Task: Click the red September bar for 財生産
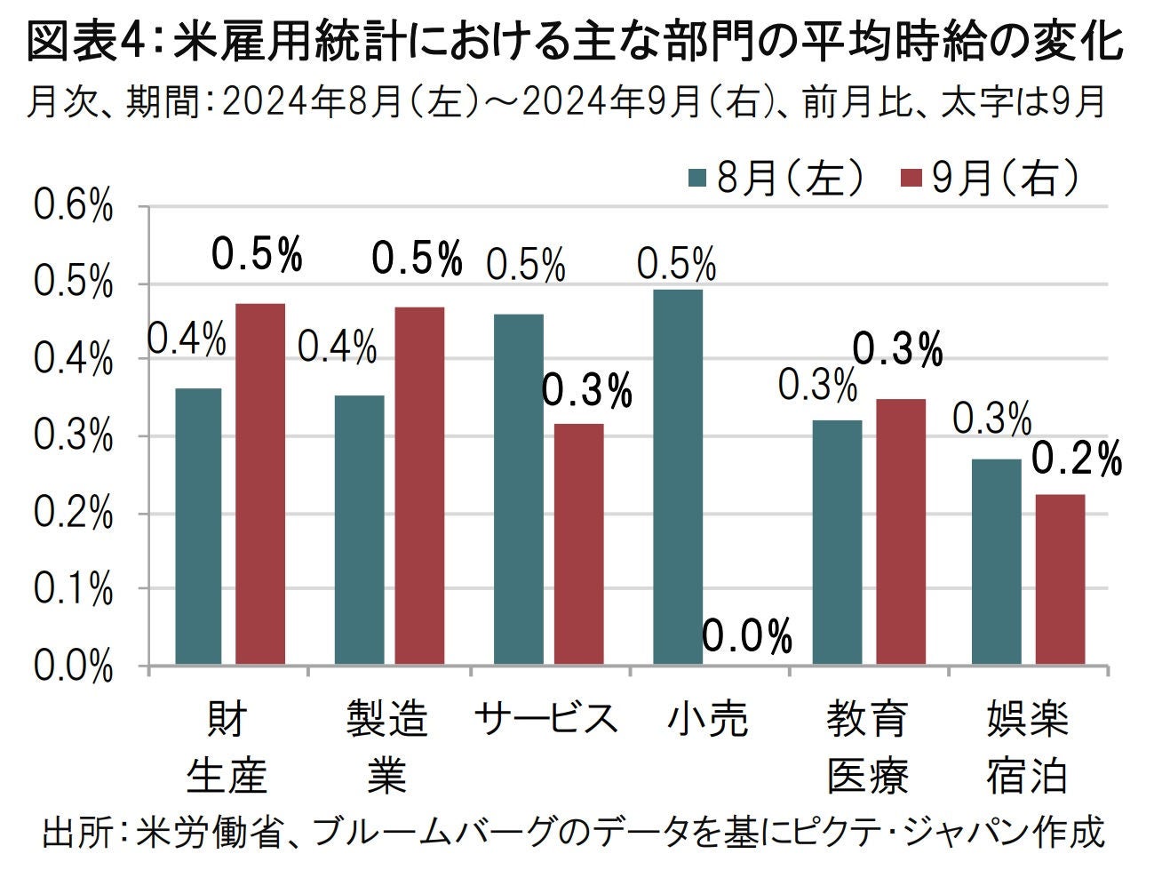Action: [260, 484]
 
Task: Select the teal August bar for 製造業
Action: [359, 530]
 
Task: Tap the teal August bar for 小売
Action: [678, 477]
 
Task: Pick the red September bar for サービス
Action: [578, 544]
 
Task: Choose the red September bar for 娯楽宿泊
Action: [1060, 579]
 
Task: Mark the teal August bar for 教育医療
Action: [837, 542]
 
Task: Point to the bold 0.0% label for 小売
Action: [746, 636]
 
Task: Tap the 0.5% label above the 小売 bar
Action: [676, 264]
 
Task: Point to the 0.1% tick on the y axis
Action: [74, 589]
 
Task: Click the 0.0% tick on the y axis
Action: [74, 666]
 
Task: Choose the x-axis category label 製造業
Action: [386, 745]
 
